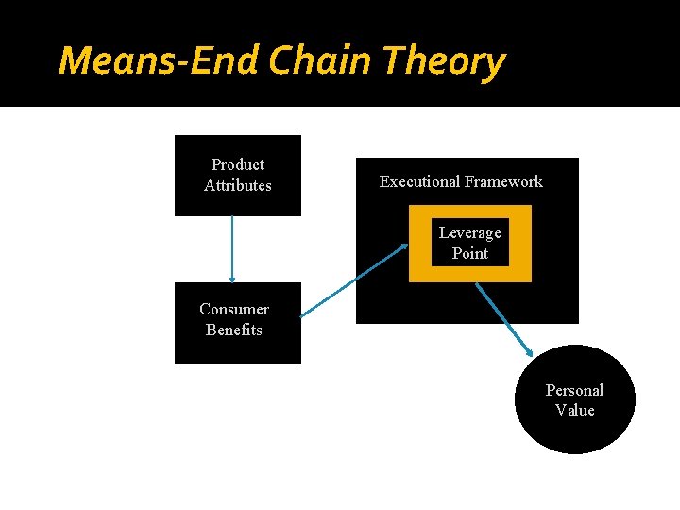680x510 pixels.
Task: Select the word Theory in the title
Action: click(445, 61)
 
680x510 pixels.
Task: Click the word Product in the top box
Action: click(238, 165)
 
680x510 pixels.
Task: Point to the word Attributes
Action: click(238, 186)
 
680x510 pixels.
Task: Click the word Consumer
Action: click(234, 310)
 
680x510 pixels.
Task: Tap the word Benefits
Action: click(234, 331)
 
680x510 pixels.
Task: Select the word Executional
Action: click(418, 182)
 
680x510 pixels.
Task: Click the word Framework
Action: click(501, 182)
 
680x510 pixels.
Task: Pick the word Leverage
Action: click(470, 233)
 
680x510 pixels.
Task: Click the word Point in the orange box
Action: click(470, 254)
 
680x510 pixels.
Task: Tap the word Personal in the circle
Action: click(574, 390)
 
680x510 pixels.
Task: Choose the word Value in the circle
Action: click(574, 411)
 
